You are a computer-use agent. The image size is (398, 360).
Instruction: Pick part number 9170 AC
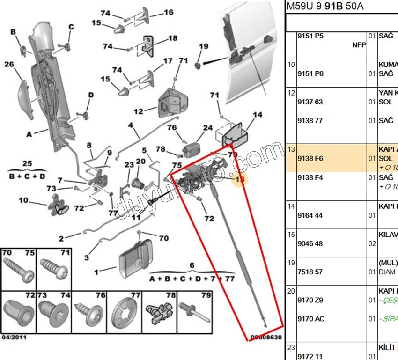[310, 319]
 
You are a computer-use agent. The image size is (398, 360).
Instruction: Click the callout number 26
[9, 65]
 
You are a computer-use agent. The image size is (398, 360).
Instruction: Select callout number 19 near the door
[203, 46]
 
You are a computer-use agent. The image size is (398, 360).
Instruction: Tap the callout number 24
[208, 128]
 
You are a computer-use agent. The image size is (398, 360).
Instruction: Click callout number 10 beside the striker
[23, 200]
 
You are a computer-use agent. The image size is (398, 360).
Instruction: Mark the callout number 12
[138, 111]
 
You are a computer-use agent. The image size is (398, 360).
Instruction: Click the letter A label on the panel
[29, 134]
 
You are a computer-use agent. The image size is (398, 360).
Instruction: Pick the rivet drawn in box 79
[194, 311]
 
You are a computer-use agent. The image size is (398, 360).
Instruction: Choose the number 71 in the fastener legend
[65, 253]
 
